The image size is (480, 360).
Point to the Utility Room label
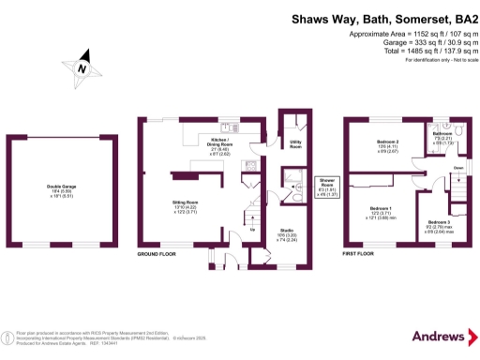pyautogui.click(x=295, y=145)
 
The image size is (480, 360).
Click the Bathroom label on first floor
pyautogui.click(x=442, y=134)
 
